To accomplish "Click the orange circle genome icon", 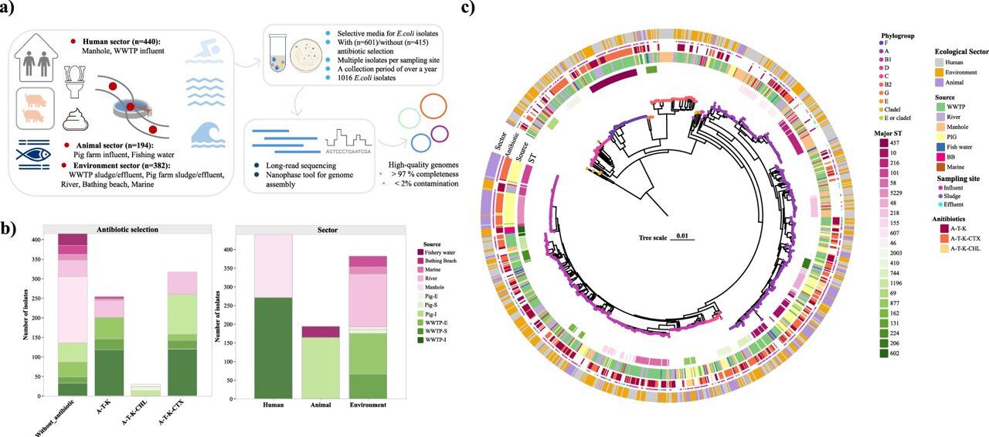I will [433, 108].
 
